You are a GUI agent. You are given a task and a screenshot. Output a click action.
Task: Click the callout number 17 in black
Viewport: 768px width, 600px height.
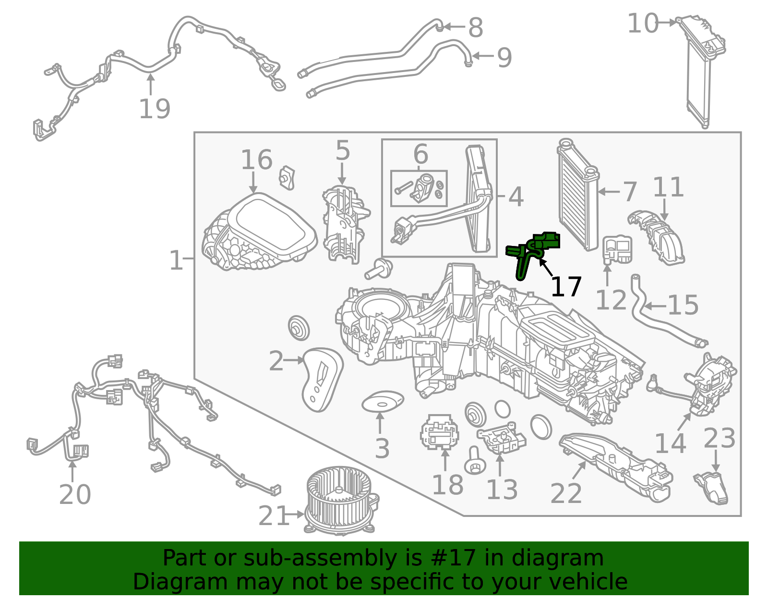(566, 287)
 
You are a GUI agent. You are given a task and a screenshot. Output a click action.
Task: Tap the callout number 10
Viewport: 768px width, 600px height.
(643, 24)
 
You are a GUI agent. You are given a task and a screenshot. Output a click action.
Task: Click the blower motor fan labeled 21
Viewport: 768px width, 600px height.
(341, 500)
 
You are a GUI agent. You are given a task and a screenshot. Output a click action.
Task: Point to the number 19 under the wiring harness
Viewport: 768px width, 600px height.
(155, 109)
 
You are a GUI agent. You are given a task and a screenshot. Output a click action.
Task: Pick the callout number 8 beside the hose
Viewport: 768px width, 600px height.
(476, 27)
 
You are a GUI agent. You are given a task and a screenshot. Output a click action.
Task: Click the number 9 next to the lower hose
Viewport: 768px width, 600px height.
(504, 58)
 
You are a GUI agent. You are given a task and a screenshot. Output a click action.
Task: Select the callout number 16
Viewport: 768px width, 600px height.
(257, 159)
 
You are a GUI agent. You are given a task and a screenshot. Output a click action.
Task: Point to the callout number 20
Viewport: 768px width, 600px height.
(75, 494)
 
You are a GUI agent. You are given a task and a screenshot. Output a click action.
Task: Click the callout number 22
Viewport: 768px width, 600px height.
(566, 493)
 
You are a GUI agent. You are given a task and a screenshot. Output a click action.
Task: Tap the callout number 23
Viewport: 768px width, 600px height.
(720, 438)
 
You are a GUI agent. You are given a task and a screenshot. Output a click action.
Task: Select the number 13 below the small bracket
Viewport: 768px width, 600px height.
(502, 490)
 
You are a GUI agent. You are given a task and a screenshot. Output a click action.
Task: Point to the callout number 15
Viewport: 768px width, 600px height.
(683, 305)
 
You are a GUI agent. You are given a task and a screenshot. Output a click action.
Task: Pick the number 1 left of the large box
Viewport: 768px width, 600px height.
(176, 260)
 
